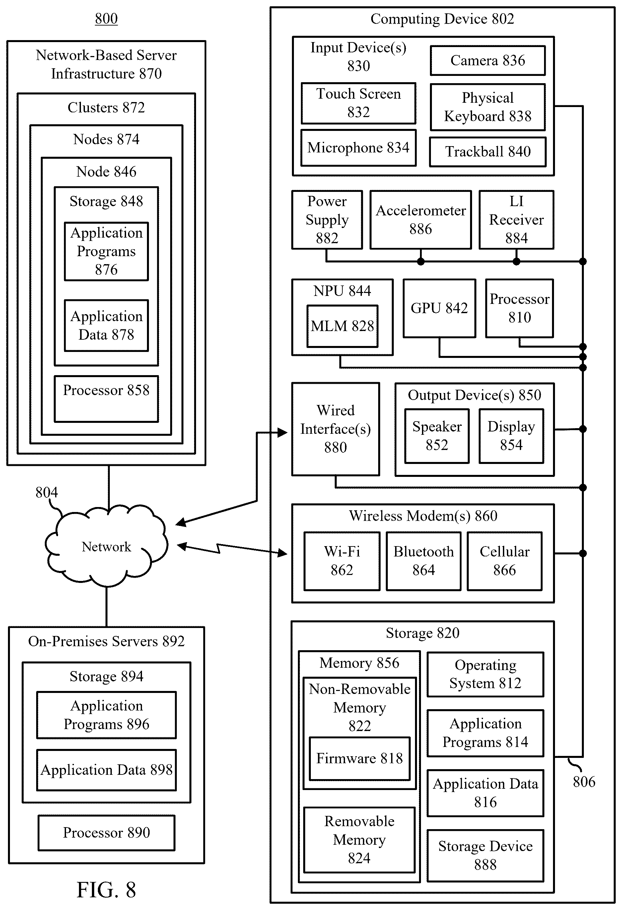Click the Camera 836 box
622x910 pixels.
488,61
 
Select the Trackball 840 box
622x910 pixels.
488,151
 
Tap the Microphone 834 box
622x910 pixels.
358,147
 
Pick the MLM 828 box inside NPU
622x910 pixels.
342,326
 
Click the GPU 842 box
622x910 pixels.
439,308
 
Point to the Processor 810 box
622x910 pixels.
519,308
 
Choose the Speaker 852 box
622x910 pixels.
437,436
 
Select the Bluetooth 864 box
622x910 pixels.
423,561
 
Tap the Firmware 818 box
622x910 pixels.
359,759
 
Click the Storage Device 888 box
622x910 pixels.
485,856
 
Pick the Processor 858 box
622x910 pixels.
106,399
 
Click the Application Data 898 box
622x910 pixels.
106,770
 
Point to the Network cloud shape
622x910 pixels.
106,546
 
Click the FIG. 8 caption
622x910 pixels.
106,890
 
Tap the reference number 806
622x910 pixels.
584,781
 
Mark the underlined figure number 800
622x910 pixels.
106,19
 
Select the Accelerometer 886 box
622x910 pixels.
421,220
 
